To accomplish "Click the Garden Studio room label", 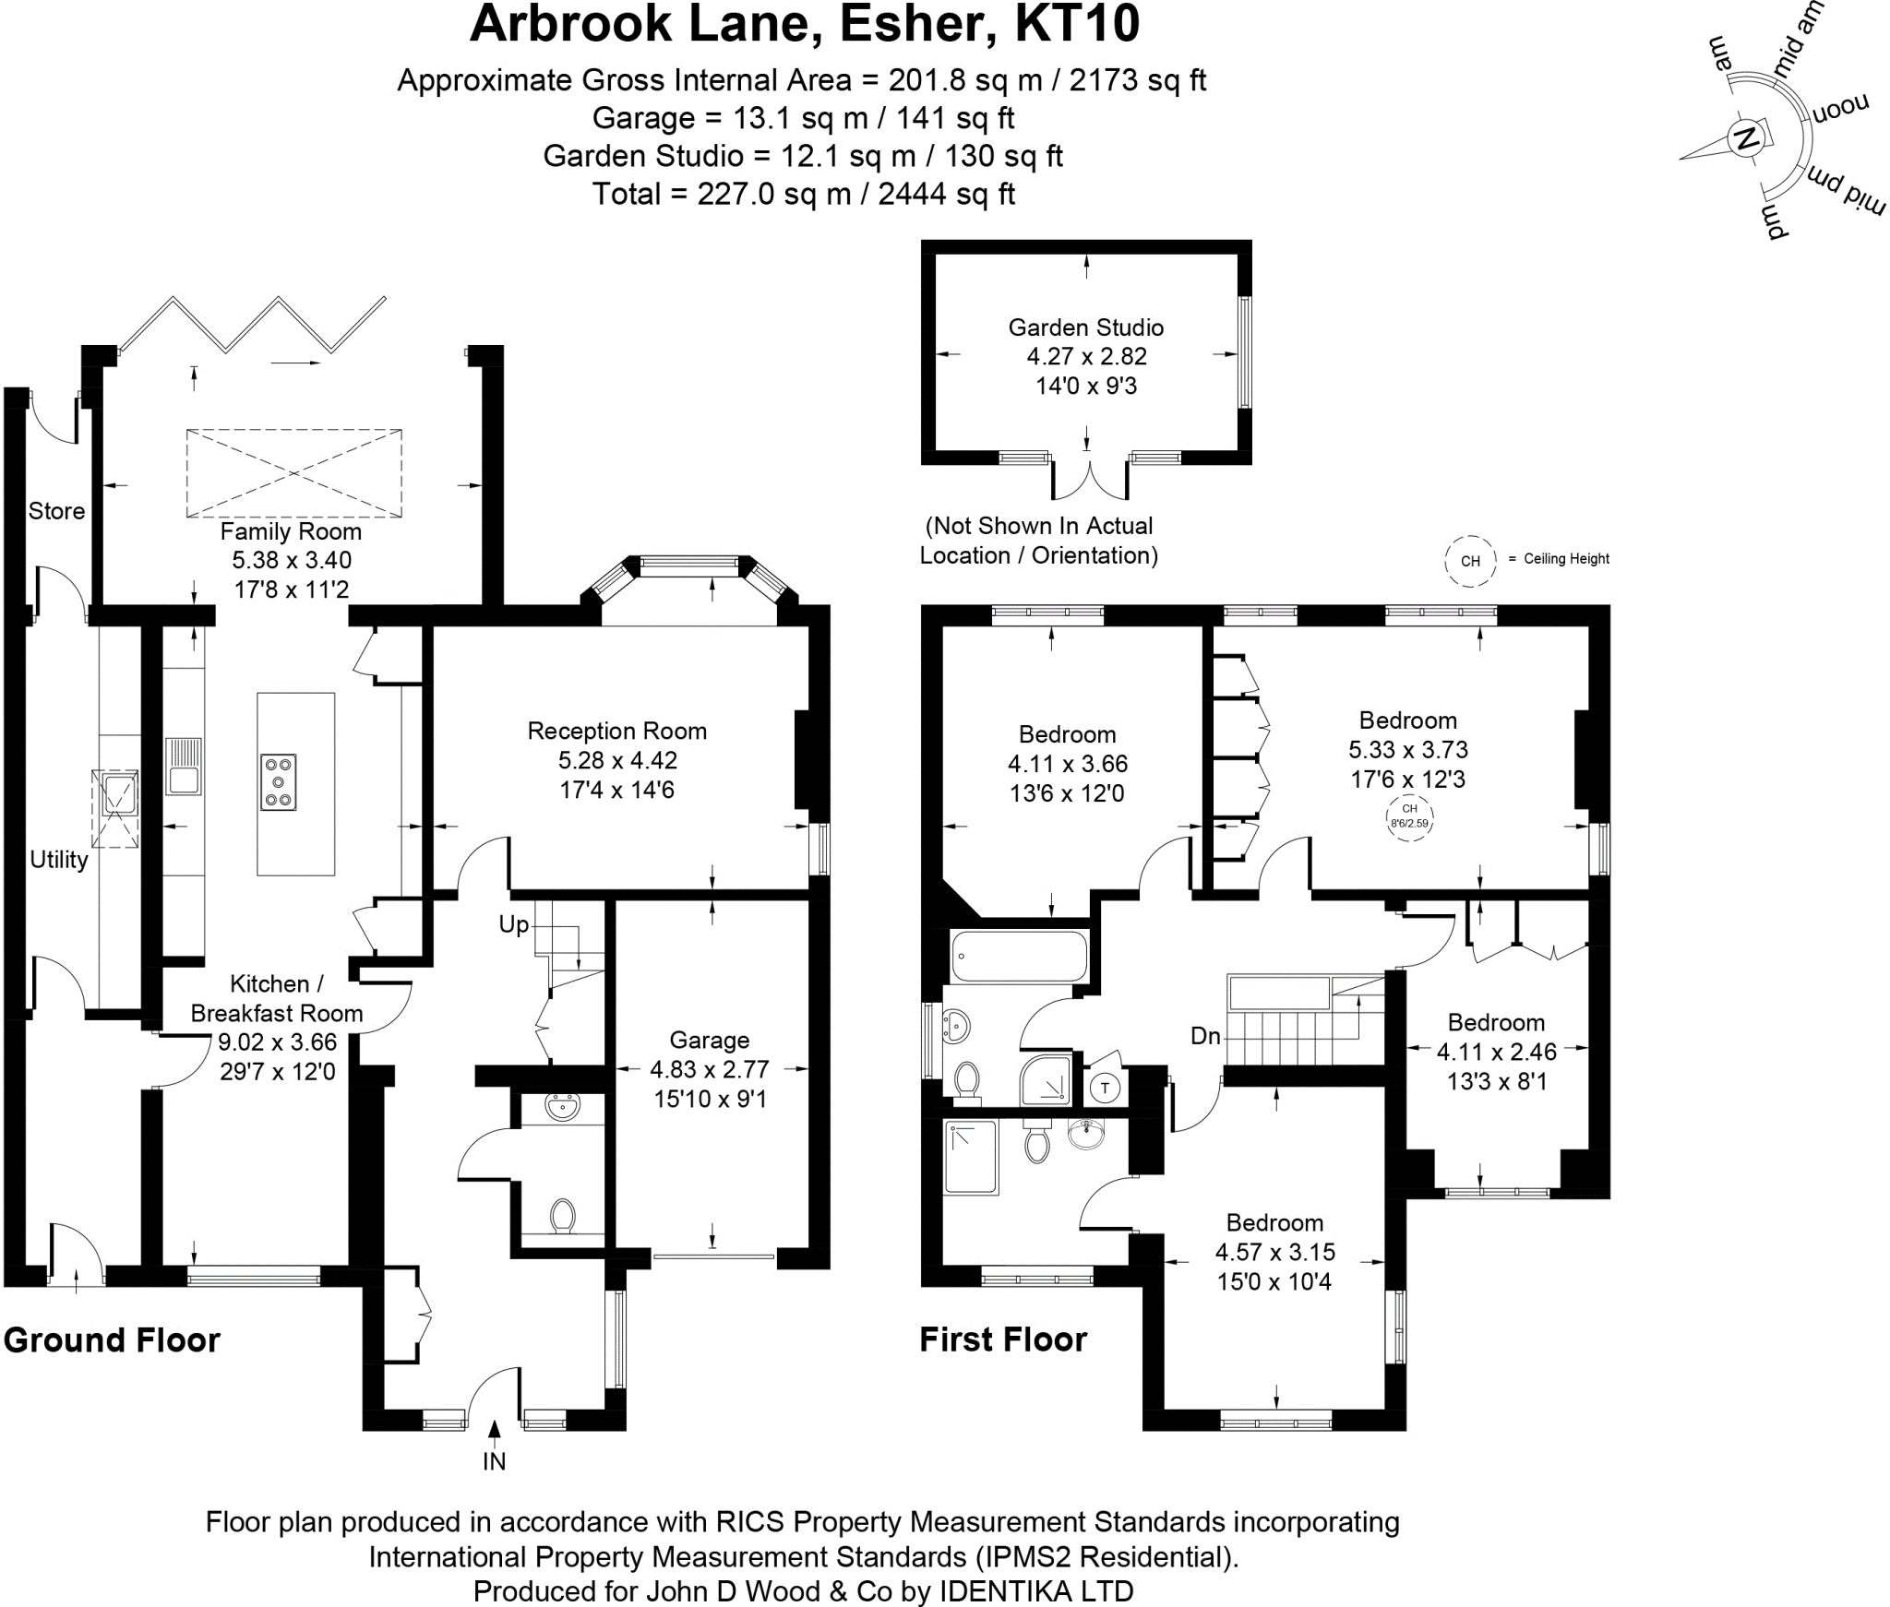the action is point(1085,327).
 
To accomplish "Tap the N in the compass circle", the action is point(1746,140).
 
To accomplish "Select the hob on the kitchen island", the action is point(278,782).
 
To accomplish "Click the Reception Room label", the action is point(616,732).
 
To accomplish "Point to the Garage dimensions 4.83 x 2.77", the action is point(709,1070).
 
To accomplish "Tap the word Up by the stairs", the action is point(513,924).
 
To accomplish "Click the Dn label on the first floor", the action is point(1205,1036).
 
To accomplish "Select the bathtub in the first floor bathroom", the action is point(1019,956).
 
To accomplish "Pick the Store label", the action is point(56,511).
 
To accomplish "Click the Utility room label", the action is point(59,860).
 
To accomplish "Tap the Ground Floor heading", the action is point(112,1340).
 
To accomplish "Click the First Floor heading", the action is point(1003,1339).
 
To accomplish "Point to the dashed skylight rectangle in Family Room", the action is point(293,473).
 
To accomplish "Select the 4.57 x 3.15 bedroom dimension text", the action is point(1274,1253).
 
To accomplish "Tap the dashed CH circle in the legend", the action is point(1470,561).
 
